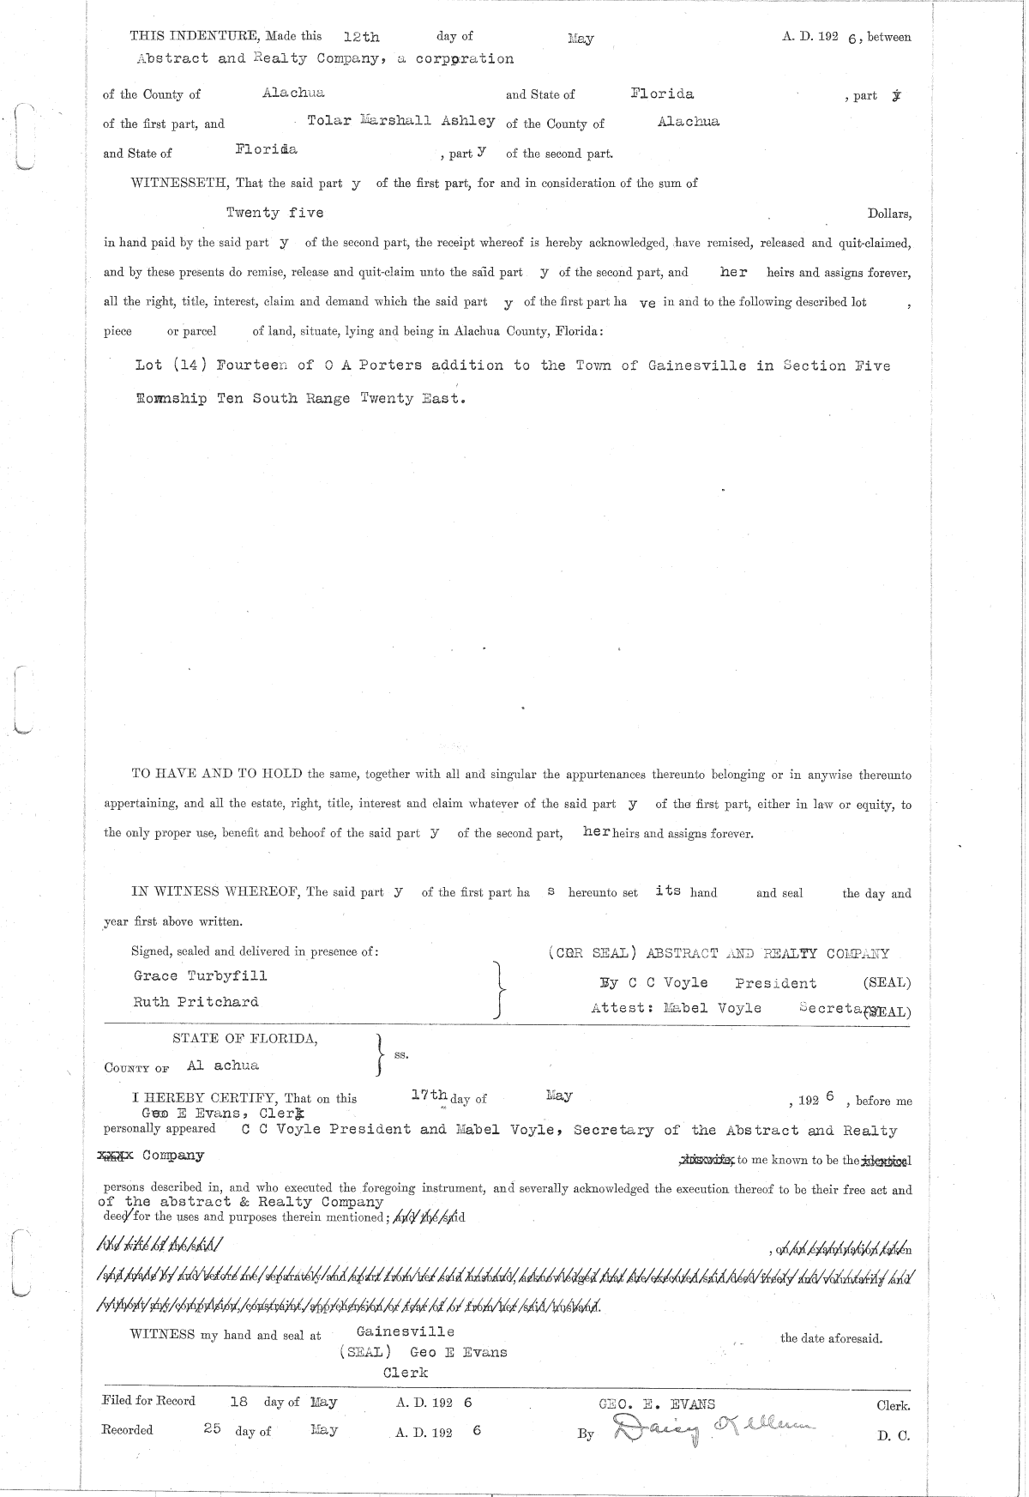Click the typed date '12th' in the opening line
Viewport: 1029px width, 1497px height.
pos(361,37)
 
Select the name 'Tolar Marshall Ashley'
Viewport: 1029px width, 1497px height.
pos(400,121)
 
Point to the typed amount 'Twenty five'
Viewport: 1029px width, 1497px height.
pos(274,212)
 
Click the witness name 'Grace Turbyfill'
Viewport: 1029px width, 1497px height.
pos(200,975)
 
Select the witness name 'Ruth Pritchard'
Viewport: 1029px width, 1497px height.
pos(196,1002)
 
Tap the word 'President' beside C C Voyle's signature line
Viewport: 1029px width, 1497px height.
pos(775,983)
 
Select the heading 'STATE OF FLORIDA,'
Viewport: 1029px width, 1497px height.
pos(245,1038)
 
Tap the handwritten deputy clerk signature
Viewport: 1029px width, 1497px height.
pos(712,1428)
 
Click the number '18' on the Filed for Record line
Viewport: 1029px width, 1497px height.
pos(239,1402)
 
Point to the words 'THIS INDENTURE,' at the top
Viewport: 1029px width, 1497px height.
pos(184,36)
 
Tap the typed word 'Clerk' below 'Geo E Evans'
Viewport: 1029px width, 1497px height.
pos(406,1372)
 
